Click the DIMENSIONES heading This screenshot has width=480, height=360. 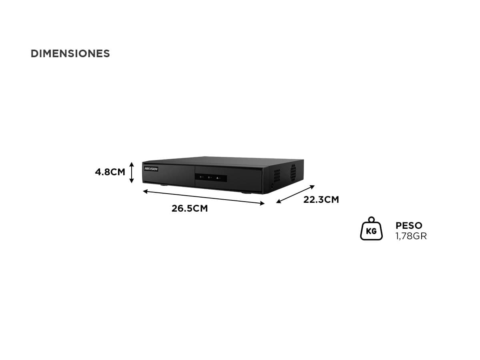pos(70,54)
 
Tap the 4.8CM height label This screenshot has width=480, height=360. pos(110,172)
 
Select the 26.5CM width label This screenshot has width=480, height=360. pos(190,208)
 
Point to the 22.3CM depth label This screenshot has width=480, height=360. pos(321,200)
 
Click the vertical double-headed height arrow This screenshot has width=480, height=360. pos(132,172)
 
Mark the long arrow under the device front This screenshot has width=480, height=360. pos(204,197)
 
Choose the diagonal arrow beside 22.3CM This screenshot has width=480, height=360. pos(296,194)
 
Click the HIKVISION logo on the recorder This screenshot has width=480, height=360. pos(151,169)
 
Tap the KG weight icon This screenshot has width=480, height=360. pos(371,228)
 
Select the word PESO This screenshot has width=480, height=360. pos(409,226)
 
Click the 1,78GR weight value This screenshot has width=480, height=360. pos(411,236)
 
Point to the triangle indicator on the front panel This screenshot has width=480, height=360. pos(217,178)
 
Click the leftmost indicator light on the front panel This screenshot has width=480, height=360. pos(201,177)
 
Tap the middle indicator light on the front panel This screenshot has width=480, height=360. pos(209,178)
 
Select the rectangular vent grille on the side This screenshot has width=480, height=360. pos(277,176)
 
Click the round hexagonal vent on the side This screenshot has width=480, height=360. pos(293,172)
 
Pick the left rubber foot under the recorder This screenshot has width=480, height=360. pos(164,185)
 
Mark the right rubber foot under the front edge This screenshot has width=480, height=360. pos(247,192)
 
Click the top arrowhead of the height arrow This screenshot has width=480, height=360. pos(132,164)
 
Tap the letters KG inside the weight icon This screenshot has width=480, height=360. pos(371,231)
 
